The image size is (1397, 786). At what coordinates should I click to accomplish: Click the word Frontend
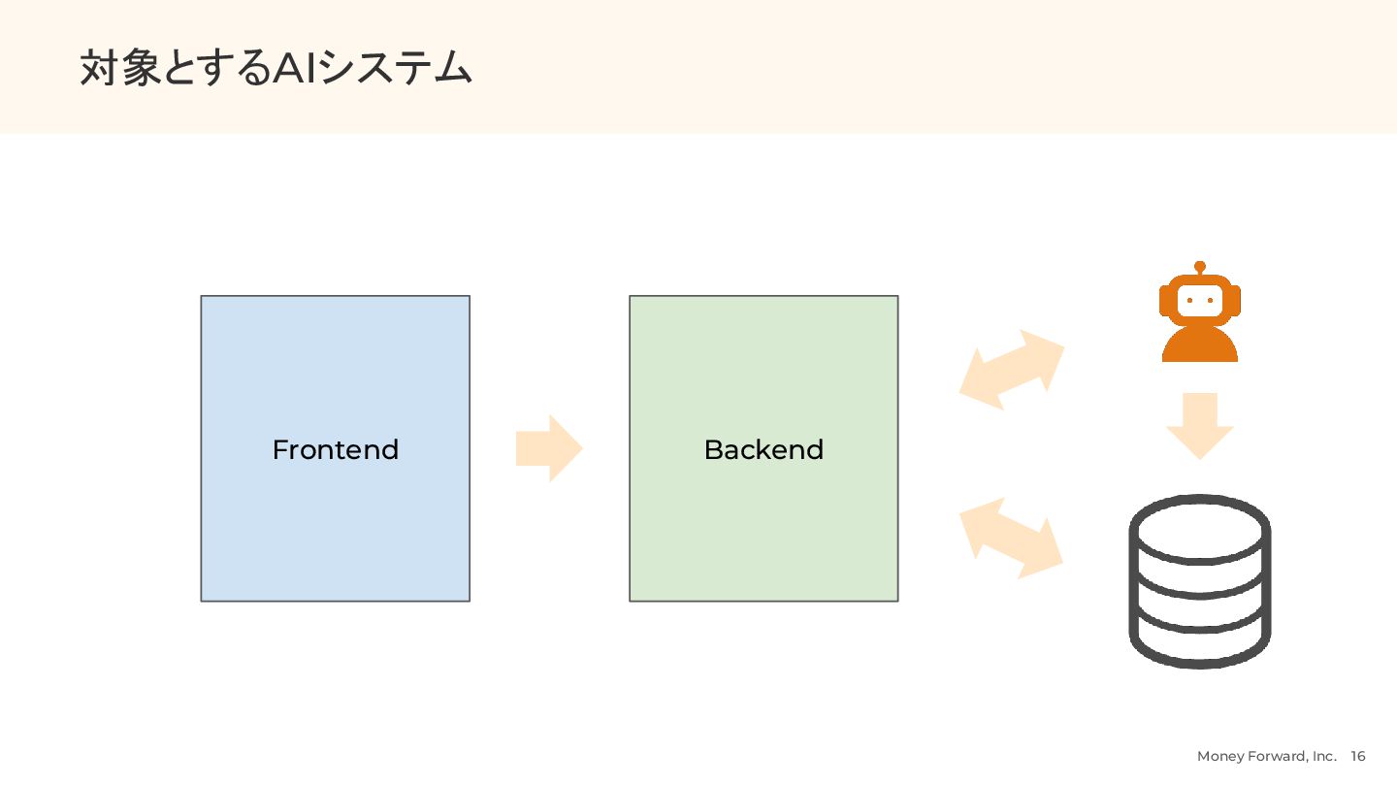(x=335, y=450)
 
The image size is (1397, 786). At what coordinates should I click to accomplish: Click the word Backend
(x=763, y=450)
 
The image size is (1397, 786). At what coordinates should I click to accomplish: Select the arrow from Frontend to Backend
(x=549, y=448)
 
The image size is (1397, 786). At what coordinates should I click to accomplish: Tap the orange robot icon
(x=1200, y=315)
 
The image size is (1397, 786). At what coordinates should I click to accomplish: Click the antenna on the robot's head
(x=1200, y=267)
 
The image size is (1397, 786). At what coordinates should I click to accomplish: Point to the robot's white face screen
(x=1200, y=301)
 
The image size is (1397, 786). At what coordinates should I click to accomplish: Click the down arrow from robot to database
(x=1200, y=424)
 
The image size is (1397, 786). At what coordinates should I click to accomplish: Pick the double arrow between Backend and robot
(x=1012, y=370)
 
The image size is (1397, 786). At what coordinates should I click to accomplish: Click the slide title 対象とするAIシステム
(x=276, y=69)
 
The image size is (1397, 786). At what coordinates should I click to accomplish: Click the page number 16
(x=1358, y=757)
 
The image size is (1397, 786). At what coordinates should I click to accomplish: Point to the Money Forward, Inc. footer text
(x=1266, y=757)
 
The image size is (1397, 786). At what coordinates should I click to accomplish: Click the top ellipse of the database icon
(x=1200, y=530)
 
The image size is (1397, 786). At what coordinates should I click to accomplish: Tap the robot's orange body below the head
(x=1200, y=345)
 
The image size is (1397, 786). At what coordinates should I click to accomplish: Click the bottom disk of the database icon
(x=1200, y=645)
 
